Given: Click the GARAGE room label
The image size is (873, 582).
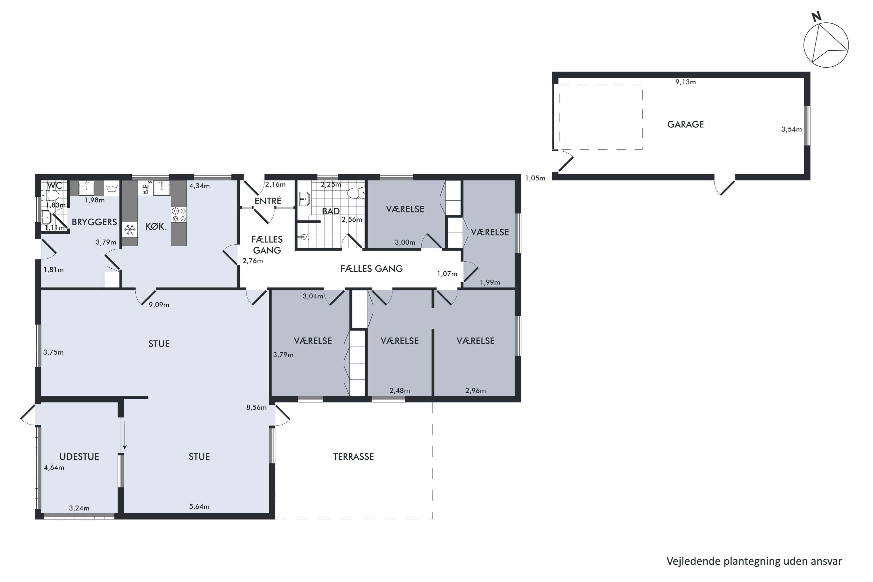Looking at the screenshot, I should click(x=685, y=124).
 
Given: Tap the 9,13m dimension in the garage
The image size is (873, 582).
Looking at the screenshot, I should click(x=685, y=82).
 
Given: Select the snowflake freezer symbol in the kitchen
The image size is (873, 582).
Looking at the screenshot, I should click(x=129, y=230).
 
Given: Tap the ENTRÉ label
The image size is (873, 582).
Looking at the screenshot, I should click(x=268, y=201).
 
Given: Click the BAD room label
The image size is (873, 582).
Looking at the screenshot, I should click(x=330, y=211).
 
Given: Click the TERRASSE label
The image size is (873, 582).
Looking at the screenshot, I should click(x=353, y=457).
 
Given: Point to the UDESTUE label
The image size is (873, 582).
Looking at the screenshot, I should click(x=79, y=457).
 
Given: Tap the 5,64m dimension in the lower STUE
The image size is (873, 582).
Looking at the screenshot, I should click(x=199, y=507).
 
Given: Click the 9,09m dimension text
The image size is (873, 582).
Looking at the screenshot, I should click(x=159, y=305).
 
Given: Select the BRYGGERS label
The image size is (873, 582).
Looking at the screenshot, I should click(x=94, y=222).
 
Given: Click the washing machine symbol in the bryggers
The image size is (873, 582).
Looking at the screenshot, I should click(x=112, y=188).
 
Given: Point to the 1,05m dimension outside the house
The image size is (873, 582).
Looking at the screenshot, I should click(x=535, y=178).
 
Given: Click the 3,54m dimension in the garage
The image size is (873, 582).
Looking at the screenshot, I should click(x=791, y=129).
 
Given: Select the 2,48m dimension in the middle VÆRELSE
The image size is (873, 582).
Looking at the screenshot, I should click(x=399, y=391).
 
